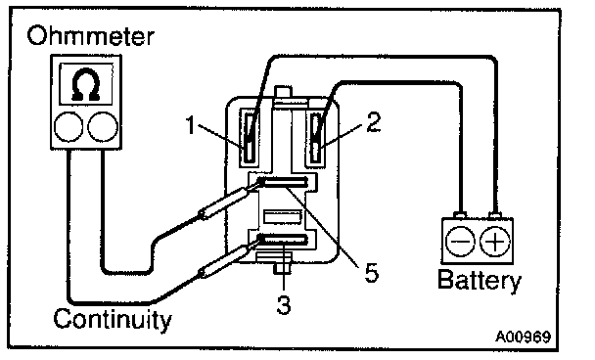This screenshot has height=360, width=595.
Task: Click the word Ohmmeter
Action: click(90, 36)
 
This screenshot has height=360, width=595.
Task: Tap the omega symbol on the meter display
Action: click(86, 84)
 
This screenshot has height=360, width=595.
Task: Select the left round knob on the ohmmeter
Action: click(69, 127)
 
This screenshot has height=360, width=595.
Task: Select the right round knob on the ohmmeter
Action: click(103, 127)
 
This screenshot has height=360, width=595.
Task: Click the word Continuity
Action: click(113, 320)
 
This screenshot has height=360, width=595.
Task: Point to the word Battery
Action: click(480, 281)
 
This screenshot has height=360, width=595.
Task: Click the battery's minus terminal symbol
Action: click(460, 242)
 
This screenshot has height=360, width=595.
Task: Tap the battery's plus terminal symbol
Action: click(495, 242)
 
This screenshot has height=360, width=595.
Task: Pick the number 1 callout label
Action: click(191, 125)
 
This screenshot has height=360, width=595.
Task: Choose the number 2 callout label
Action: click(374, 122)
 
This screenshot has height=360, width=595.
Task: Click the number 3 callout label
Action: click(284, 304)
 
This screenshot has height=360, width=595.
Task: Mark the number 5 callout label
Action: click(372, 272)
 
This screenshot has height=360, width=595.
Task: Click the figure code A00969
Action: click(523, 337)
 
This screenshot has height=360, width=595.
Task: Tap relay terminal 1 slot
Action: click(249, 138)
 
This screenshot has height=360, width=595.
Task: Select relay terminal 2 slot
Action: click(315, 138)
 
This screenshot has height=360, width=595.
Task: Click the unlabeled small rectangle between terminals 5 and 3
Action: click(282, 217)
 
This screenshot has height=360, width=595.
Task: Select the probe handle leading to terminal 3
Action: click(224, 261)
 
